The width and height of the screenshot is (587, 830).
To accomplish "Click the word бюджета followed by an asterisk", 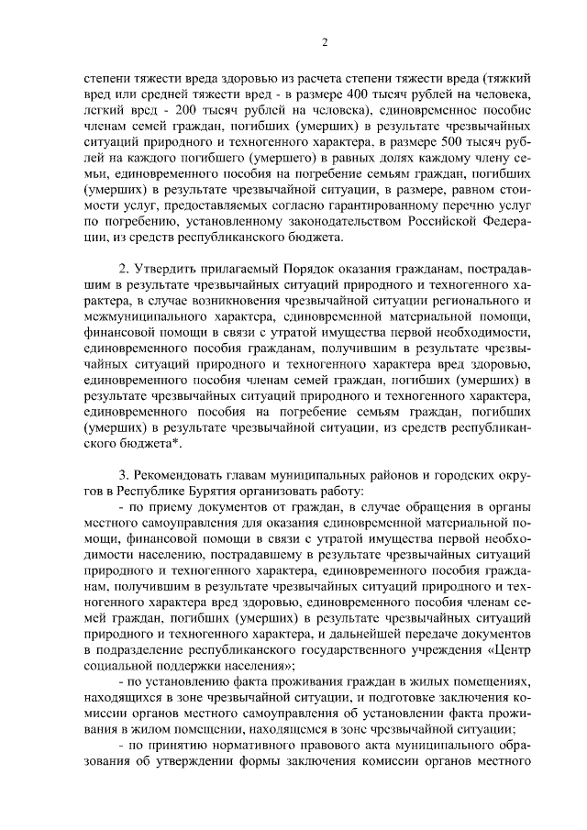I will coord(140,445).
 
